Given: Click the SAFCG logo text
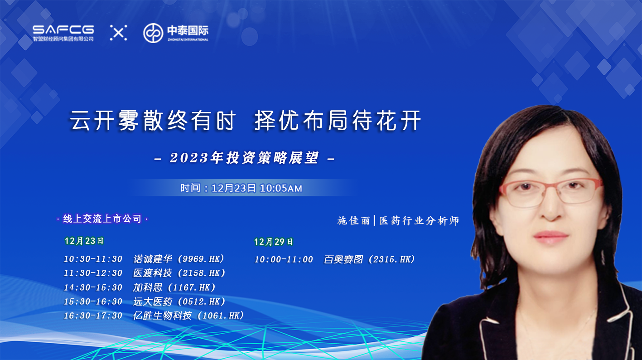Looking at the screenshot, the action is [x=63, y=29].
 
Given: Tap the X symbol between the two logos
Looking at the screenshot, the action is [x=118, y=33].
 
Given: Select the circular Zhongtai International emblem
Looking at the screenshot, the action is [x=153, y=33].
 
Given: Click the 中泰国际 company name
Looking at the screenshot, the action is [x=188, y=30].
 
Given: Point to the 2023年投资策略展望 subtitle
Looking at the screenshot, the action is [x=244, y=158].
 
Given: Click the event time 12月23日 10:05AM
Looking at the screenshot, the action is [x=257, y=188].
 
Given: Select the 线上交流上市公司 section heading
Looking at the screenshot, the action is [x=102, y=219].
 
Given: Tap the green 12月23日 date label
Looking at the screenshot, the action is [x=84, y=241].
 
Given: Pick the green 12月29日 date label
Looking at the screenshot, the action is [x=273, y=242].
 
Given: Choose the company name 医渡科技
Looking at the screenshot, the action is [x=153, y=273].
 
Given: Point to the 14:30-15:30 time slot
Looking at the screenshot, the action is [x=93, y=287].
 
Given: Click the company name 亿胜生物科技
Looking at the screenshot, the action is [x=162, y=316].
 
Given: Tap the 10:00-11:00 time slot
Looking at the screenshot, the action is [x=284, y=260].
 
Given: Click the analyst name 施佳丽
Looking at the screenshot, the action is [x=354, y=221].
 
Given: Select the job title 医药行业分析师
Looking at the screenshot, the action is [x=419, y=221].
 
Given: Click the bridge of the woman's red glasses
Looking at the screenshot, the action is [x=550, y=186].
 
